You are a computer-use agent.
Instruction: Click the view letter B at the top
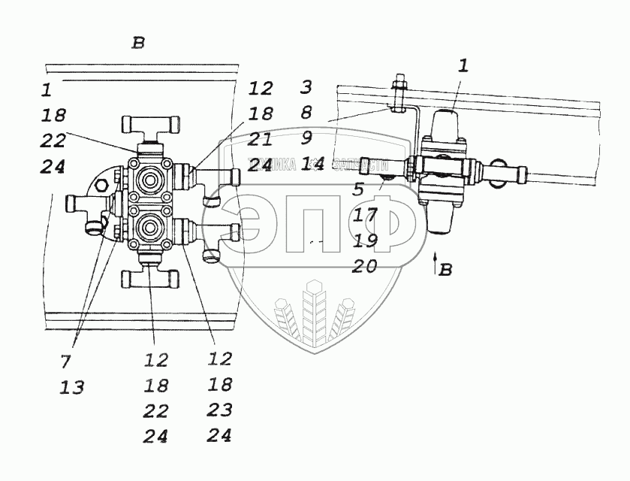click(137, 43)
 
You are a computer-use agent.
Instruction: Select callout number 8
click(306, 113)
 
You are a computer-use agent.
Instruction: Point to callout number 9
click(306, 138)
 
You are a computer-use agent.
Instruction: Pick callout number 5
click(360, 189)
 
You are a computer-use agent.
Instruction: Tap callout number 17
click(365, 215)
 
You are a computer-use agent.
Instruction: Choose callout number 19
click(365, 240)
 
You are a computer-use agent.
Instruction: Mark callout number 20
click(365, 266)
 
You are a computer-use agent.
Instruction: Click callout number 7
click(65, 362)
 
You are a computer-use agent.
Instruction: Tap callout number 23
click(220, 410)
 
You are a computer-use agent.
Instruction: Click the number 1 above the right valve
click(463, 65)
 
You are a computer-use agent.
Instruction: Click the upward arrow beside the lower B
click(434, 263)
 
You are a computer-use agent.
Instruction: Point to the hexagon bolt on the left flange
click(100, 183)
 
